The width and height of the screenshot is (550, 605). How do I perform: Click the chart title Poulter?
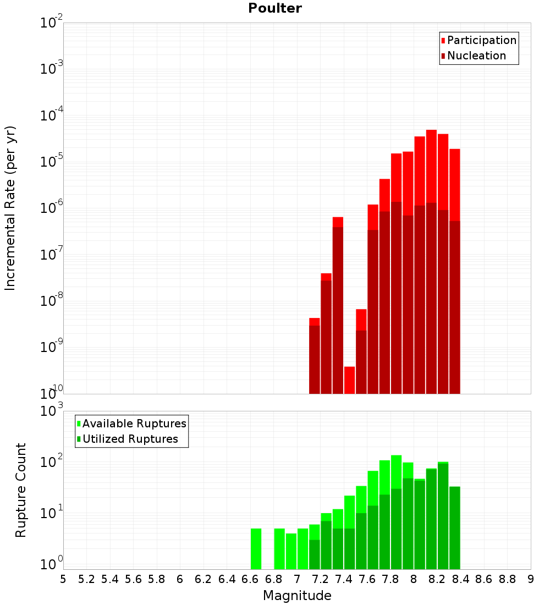(x=275, y=8)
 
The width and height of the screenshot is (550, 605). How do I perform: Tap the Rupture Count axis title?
(x=21, y=490)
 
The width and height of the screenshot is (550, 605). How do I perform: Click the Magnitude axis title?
(x=297, y=596)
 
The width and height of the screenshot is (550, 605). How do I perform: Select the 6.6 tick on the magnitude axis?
(x=250, y=579)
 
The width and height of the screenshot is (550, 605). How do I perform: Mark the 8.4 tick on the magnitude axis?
(x=461, y=579)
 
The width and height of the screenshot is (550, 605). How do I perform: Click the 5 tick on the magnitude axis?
(x=63, y=579)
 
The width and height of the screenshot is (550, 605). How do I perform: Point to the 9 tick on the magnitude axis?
(x=531, y=579)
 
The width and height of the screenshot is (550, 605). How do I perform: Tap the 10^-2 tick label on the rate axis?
(x=52, y=23)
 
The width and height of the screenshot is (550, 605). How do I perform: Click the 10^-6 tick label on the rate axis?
(x=52, y=208)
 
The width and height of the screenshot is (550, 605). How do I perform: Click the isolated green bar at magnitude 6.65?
(x=256, y=549)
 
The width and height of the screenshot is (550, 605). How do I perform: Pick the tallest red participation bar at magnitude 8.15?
(x=431, y=165)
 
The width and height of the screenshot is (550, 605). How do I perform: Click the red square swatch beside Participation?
(x=443, y=40)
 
